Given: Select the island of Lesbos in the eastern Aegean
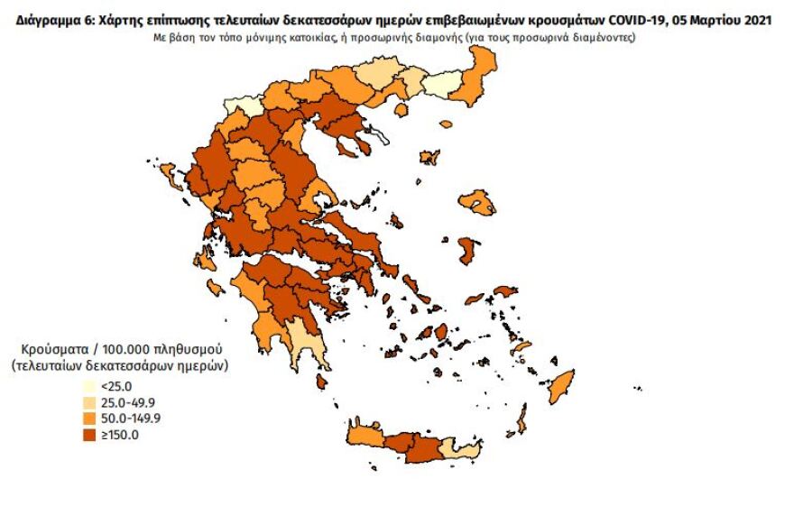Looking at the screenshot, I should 476,202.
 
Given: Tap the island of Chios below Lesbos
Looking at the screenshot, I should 467,250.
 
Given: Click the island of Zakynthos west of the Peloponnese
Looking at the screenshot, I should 217,288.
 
